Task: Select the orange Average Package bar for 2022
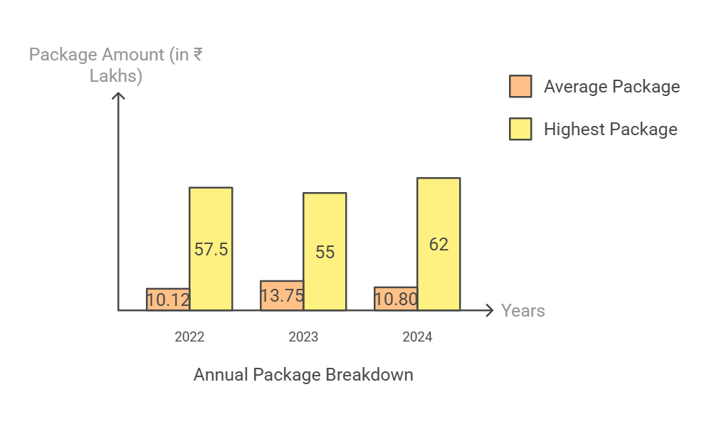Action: pyautogui.click(x=168, y=300)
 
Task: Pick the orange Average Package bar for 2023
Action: pyautogui.click(x=282, y=295)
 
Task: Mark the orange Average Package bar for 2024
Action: pyautogui.click(x=396, y=299)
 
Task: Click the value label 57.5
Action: pyautogui.click(x=211, y=250)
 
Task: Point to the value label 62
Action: pyautogui.click(x=439, y=245)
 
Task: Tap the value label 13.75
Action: pyautogui.click(x=282, y=296)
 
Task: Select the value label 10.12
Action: pyautogui.click(x=168, y=300)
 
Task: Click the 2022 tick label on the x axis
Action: pyautogui.click(x=189, y=337)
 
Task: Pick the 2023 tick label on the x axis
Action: pyautogui.click(x=303, y=337)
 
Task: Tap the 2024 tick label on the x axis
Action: pyautogui.click(x=417, y=337)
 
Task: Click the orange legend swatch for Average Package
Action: pyautogui.click(x=520, y=86)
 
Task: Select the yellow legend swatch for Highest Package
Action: pyautogui.click(x=520, y=129)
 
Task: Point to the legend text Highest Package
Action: pyautogui.click(x=610, y=129)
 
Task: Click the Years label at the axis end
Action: pyautogui.click(x=523, y=311)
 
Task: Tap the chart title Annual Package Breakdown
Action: pyautogui.click(x=303, y=375)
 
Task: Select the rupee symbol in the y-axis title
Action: pyautogui.click(x=196, y=55)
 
